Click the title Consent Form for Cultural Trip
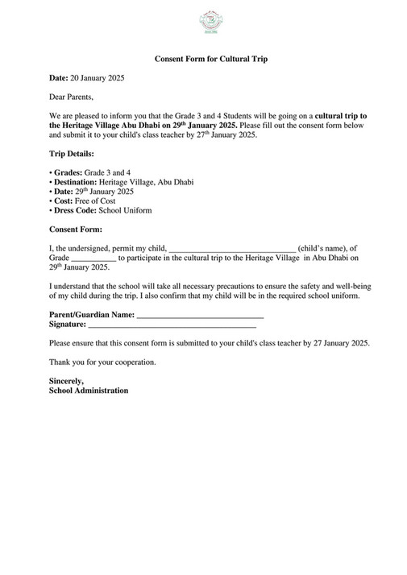tap(211, 59)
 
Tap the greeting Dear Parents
tap(72, 97)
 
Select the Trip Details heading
tap(72, 153)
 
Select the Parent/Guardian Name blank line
tap(200, 315)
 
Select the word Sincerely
tap(67, 381)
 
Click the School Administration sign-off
tap(89, 391)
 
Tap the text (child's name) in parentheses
tap(324, 249)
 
